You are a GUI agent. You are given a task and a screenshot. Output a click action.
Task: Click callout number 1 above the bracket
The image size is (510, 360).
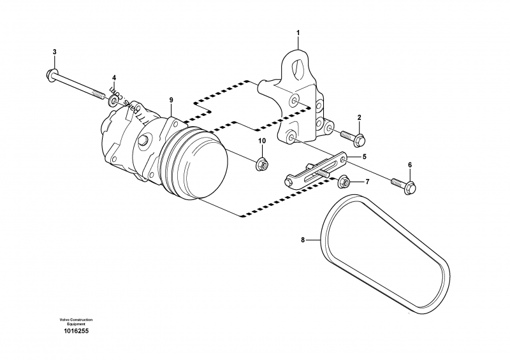[x=297, y=31]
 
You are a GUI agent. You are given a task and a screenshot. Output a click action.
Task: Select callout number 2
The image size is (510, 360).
[x=359, y=117]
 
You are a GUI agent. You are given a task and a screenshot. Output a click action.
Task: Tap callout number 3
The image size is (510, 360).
[x=54, y=52]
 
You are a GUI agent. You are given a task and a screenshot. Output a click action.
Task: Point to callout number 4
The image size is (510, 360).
[x=114, y=78]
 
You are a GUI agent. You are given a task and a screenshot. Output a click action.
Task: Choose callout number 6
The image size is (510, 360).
[x=410, y=165]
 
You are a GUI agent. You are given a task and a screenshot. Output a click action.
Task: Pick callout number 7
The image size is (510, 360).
[x=367, y=182]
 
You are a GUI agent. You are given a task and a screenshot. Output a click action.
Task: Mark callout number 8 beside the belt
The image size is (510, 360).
[x=303, y=240]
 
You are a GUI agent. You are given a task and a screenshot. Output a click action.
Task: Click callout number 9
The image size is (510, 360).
[x=171, y=100]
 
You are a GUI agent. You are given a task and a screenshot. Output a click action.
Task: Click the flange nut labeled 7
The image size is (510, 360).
[x=344, y=182]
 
